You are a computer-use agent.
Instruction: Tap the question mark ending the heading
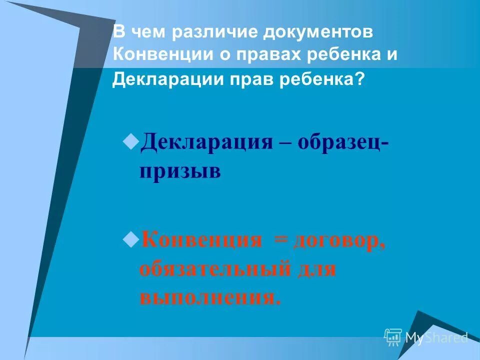pos(360,79)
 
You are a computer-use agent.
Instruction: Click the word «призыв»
pos(180,170)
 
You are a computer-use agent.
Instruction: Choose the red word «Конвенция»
pos(201,240)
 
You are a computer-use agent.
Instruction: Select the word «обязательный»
pos(215,269)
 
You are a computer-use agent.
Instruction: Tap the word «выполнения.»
pos(210,298)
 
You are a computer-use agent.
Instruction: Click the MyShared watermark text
pos(436,337)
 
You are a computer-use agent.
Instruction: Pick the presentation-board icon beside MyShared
pos(393,337)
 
